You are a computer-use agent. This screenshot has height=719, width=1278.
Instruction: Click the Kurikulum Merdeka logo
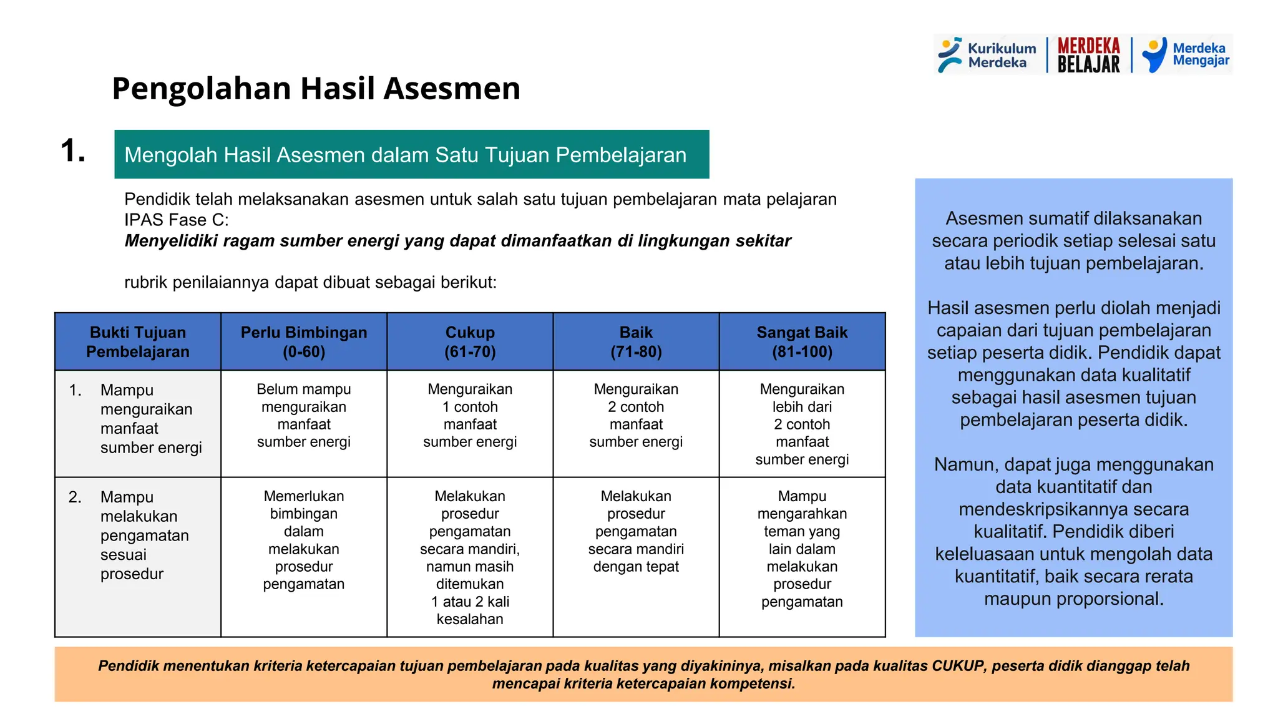click(987, 55)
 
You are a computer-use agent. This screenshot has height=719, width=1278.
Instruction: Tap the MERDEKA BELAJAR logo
click(1088, 55)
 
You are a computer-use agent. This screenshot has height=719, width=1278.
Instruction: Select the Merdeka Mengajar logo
click(1186, 55)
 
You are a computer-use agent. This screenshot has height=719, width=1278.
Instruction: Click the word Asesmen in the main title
click(452, 89)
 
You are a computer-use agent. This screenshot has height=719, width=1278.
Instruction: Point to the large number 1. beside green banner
click(73, 151)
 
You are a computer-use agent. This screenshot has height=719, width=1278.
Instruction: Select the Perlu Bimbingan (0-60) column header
click(304, 342)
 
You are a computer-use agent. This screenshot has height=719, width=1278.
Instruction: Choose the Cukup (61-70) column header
click(470, 342)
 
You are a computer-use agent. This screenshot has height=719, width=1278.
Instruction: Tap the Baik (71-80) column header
click(636, 342)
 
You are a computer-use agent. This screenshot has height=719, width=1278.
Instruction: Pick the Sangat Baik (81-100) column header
click(802, 342)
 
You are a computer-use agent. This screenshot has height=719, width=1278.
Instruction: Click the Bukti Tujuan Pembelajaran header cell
click(138, 342)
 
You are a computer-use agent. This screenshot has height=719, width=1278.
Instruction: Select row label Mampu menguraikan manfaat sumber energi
click(150, 419)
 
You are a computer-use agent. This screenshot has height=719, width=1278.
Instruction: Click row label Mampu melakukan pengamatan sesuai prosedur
click(144, 536)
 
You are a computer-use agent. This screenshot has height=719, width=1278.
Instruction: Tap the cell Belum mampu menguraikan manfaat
click(304, 416)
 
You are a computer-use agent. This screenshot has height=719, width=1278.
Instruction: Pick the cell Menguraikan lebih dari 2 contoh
click(802, 424)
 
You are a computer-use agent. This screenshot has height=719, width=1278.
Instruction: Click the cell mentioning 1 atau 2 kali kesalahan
click(470, 610)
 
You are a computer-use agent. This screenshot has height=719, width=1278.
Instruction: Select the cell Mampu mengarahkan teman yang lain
click(802, 549)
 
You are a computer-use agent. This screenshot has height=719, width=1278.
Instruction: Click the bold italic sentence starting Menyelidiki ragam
click(457, 241)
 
